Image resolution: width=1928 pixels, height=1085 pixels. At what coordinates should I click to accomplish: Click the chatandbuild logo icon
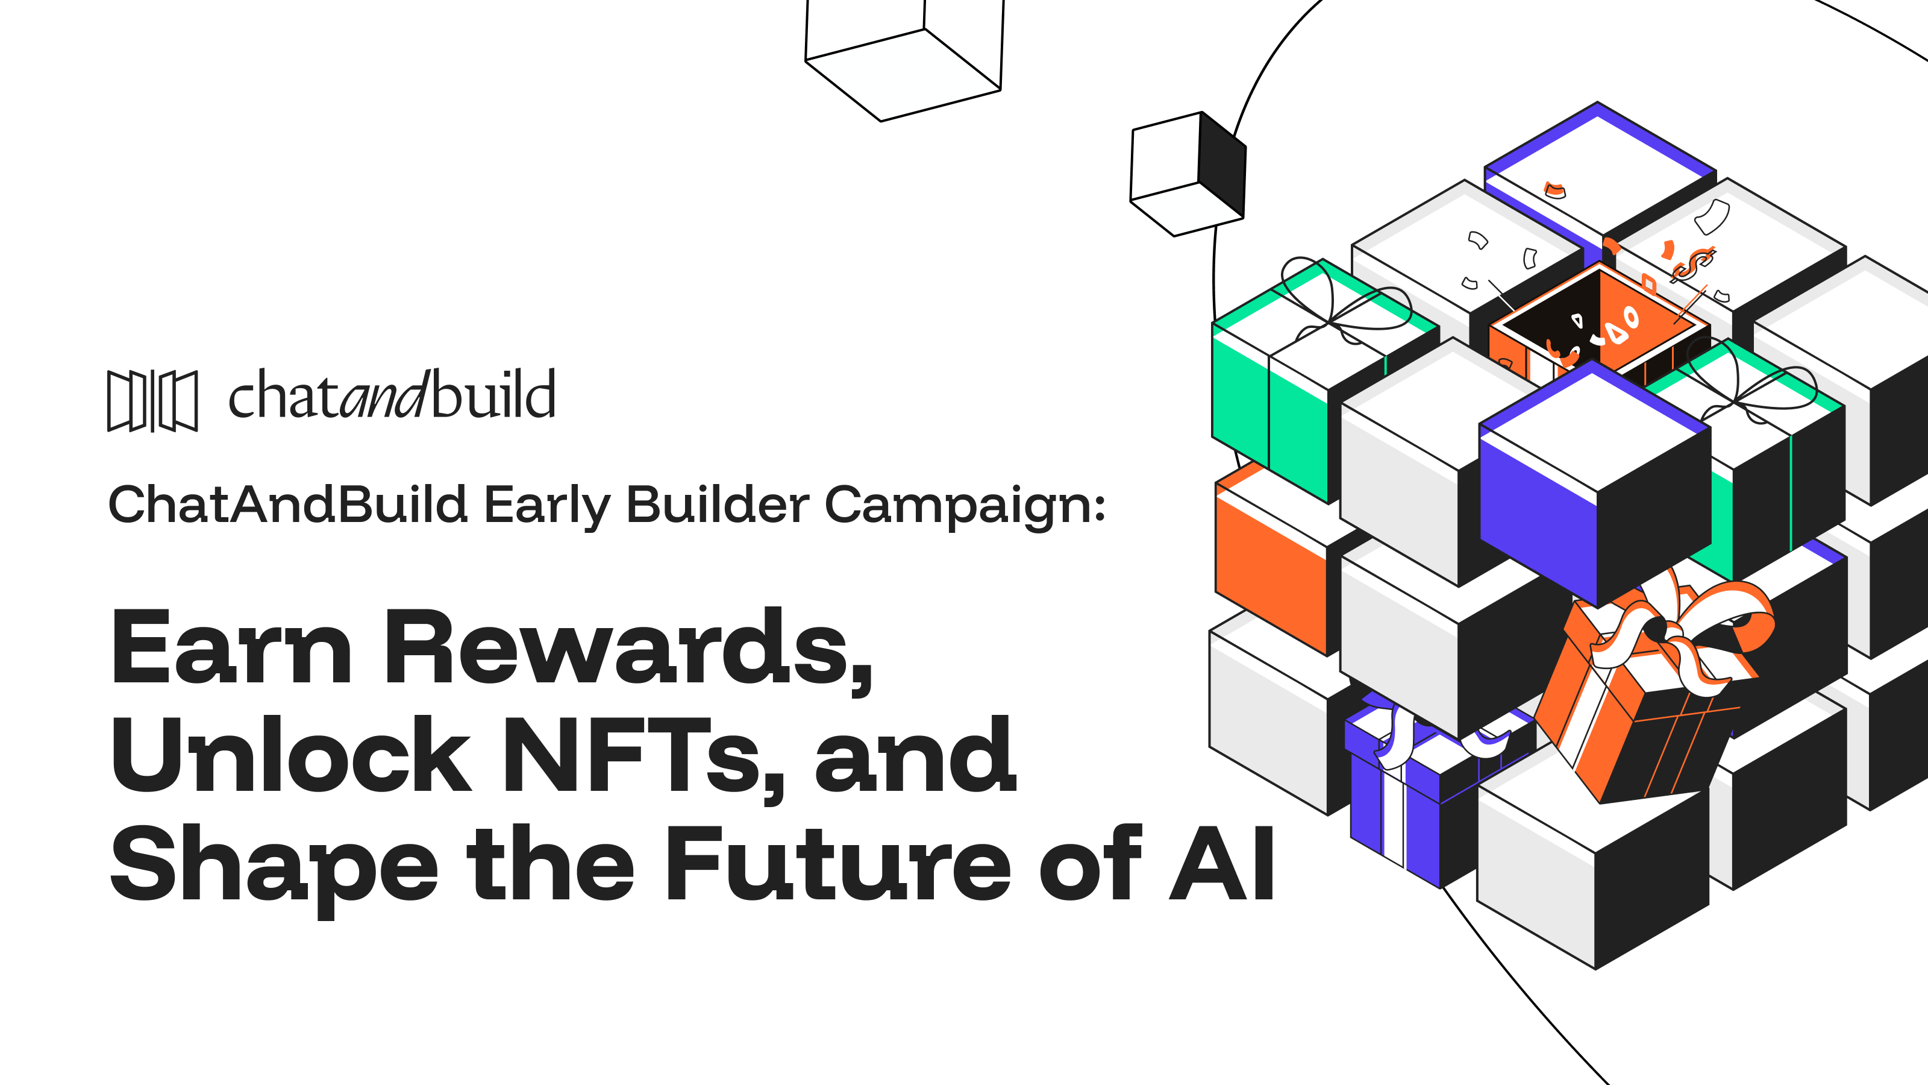pos(152,401)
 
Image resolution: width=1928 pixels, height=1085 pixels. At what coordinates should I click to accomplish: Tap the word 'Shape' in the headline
pos(274,869)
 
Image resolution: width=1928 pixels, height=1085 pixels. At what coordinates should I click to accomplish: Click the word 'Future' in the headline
pos(838,863)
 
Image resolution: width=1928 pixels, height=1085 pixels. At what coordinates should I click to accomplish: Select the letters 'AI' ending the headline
pos(1221,863)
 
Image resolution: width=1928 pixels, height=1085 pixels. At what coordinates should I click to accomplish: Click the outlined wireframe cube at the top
pos(904,60)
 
